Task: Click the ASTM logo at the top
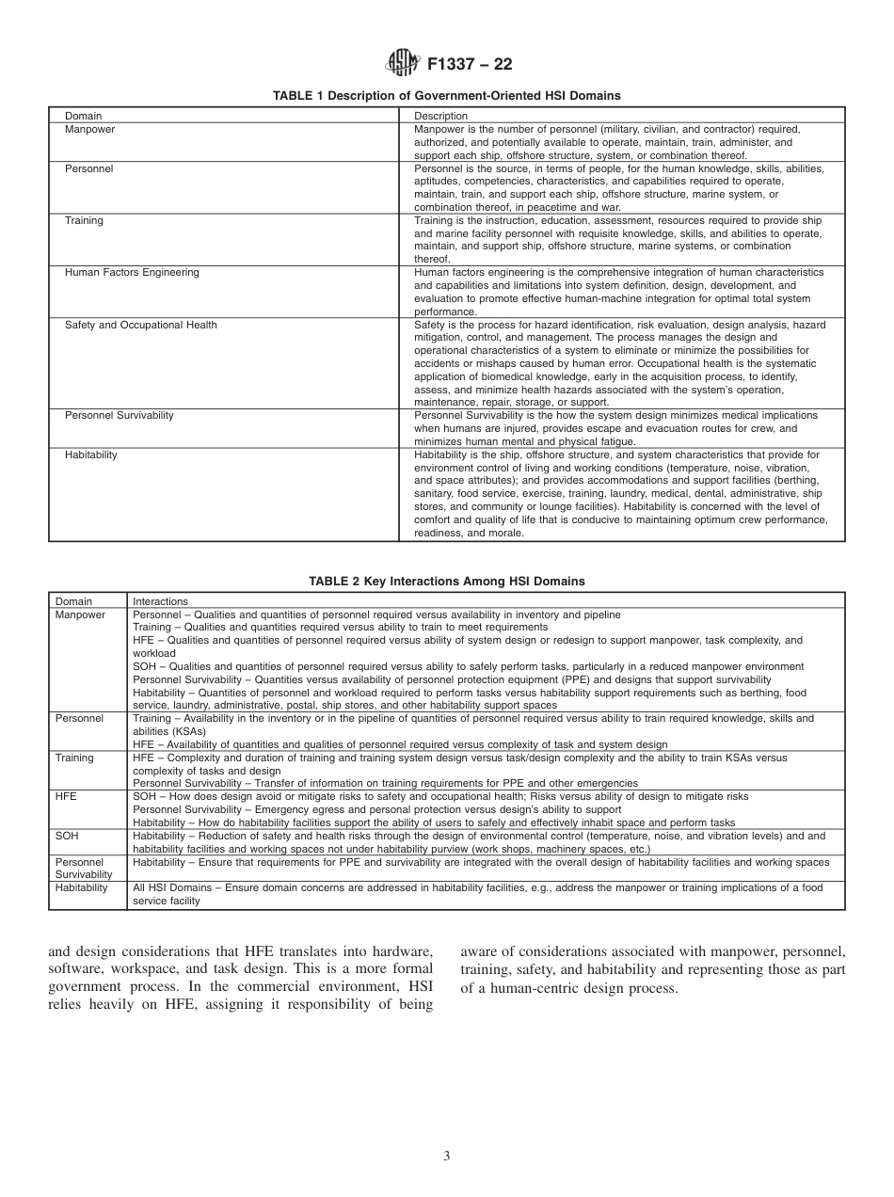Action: pyautogui.click(x=403, y=64)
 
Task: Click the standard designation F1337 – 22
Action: pyautogui.click(x=470, y=65)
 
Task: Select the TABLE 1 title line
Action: pyautogui.click(x=446, y=96)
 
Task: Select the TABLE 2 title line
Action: pyautogui.click(x=446, y=582)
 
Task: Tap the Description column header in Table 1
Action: pyautogui.click(x=440, y=117)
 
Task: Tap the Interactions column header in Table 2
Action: pyautogui.click(x=160, y=601)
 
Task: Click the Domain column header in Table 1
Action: pyautogui.click(x=83, y=117)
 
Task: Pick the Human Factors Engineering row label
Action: pyautogui.click(x=132, y=273)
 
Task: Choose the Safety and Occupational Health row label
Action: pyautogui.click(x=140, y=325)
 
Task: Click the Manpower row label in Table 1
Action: pyautogui.click(x=89, y=129)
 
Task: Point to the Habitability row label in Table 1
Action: pyautogui.click(x=91, y=455)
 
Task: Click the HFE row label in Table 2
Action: pyautogui.click(x=66, y=796)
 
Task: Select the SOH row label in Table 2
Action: pyautogui.click(x=67, y=836)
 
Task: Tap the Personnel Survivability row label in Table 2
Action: pyautogui.click(x=83, y=868)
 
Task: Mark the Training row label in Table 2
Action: pyautogui.click(x=74, y=758)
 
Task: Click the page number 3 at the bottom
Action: pyautogui.click(x=446, y=1157)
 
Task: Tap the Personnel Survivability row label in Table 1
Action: pyautogui.click(x=119, y=415)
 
